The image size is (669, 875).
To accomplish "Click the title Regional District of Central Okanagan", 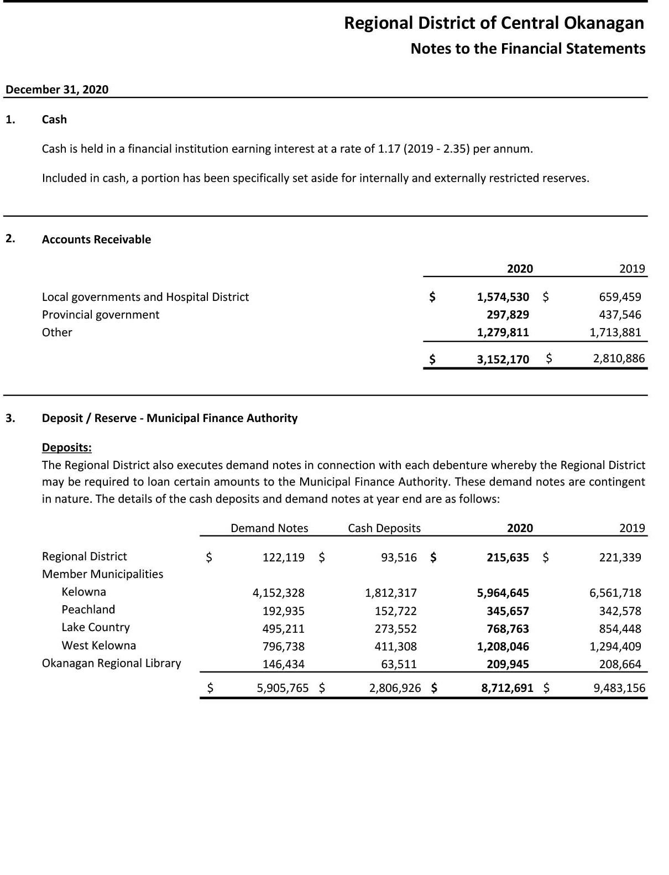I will click(494, 23).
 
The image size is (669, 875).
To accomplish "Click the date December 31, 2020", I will click(57, 90).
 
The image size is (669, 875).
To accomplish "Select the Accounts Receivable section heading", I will click(96, 239).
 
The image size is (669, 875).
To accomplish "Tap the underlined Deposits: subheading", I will click(67, 447).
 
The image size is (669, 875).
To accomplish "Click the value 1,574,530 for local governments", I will click(503, 297).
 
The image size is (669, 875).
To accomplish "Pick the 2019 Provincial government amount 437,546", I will click(620, 315).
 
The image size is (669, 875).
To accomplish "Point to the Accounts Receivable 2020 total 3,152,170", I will click(503, 360).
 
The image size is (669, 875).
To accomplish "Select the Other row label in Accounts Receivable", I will click(57, 332).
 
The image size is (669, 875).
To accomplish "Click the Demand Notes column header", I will click(269, 528).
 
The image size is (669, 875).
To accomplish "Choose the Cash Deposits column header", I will click(384, 528).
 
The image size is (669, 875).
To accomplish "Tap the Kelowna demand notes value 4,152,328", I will click(278, 593).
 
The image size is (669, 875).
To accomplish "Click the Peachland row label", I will click(88, 610).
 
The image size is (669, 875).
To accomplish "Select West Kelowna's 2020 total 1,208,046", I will click(503, 647).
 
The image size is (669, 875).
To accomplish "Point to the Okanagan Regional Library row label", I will click(111, 663).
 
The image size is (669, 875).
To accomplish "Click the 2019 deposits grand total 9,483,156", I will click(619, 688).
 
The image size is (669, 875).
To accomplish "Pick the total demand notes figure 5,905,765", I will click(283, 688).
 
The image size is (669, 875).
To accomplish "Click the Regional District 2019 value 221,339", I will click(620, 558).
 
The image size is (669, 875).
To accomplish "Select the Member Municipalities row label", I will click(102, 574).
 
